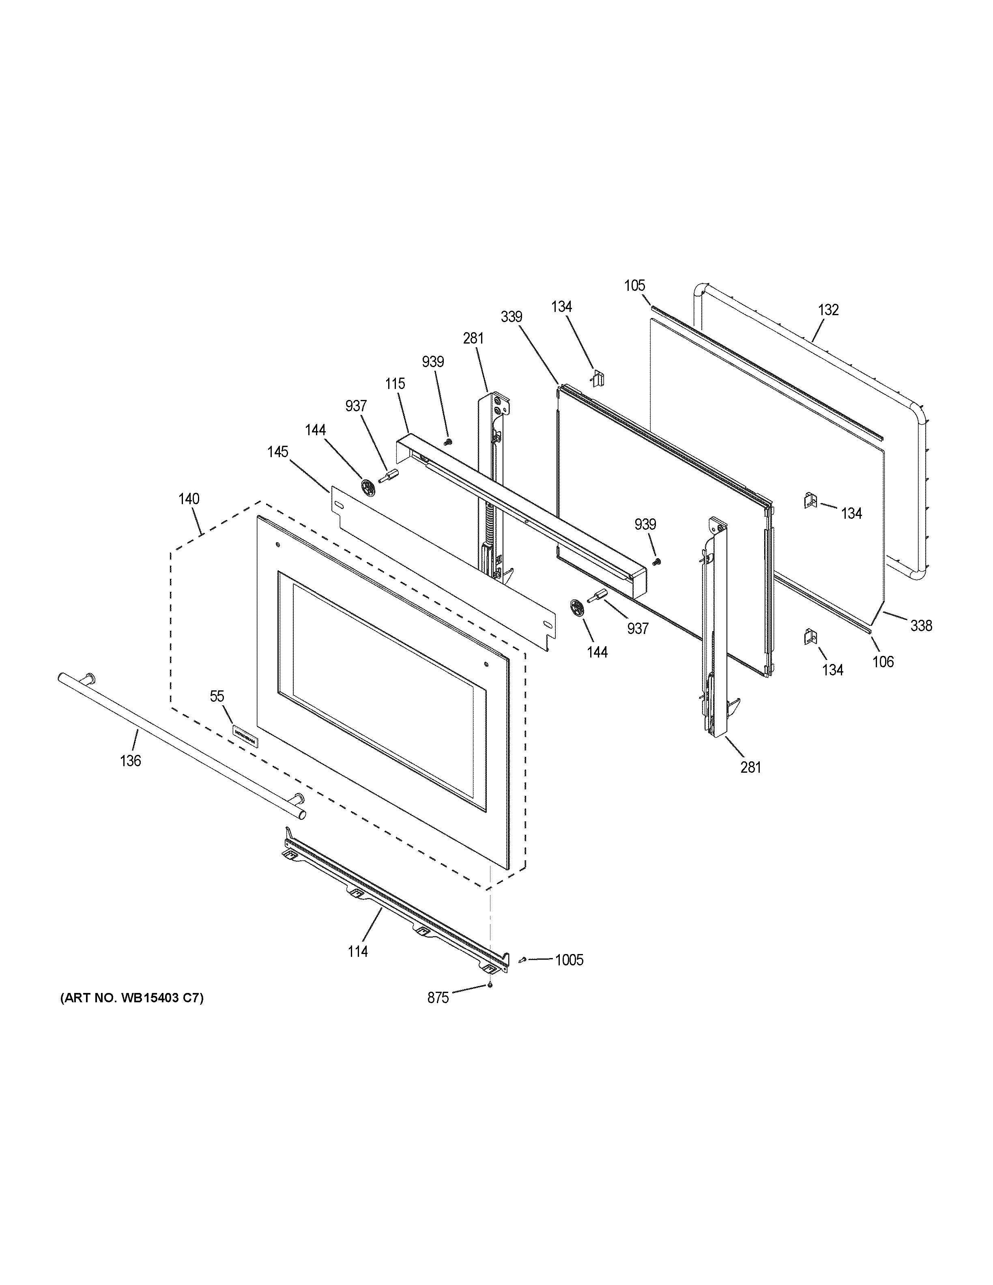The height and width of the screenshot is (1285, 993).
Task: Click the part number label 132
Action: point(828,310)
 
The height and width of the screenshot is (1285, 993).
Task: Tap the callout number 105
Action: point(635,286)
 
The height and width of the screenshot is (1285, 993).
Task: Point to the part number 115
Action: point(395,384)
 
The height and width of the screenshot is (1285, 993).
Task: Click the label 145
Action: point(278,452)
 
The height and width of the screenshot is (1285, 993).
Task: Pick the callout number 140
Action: point(189,499)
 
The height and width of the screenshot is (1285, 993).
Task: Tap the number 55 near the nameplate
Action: point(217,696)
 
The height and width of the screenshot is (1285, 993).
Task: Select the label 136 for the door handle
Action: point(131,761)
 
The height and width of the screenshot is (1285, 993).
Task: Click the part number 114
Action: point(358,952)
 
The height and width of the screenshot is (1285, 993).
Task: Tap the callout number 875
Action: point(438,998)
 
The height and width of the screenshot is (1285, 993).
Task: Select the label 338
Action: point(921,626)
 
